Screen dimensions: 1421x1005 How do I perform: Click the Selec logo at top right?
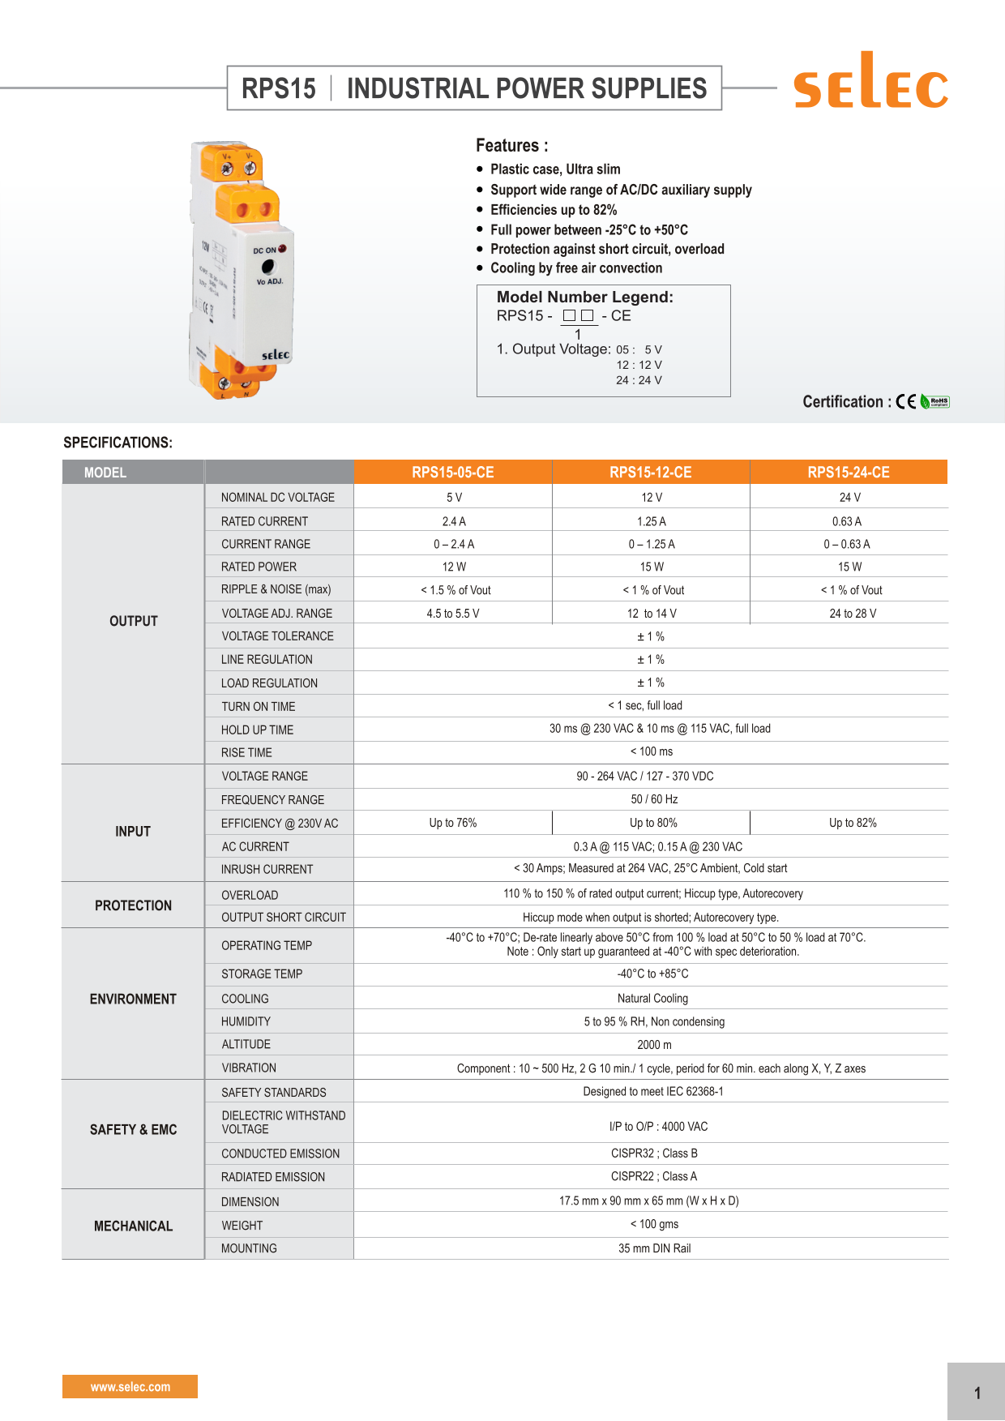pos(870,82)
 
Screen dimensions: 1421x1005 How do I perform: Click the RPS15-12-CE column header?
pos(651,473)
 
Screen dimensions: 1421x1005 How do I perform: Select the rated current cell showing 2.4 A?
pos(454,521)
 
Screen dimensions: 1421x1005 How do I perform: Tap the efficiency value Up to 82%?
pos(853,823)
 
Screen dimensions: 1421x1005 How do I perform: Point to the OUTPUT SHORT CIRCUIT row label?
pos(284,917)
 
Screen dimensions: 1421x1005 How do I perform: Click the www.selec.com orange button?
pos(130,1386)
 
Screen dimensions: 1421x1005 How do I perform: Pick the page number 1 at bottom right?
pos(977,1393)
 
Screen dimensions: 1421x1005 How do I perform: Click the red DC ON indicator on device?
pos(282,249)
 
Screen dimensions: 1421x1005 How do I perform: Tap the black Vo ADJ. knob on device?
pos(268,266)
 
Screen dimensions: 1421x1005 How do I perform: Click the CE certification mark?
pos(906,401)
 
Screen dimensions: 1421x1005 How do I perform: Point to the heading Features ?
pos(511,146)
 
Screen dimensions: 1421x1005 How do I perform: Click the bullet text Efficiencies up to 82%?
pos(554,210)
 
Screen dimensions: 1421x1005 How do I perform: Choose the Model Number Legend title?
pos(584,297)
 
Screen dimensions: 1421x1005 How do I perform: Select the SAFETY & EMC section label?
pos(133,1129)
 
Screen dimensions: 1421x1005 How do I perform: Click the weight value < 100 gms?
pos(654,1224)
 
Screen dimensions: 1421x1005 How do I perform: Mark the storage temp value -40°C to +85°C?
pos(652,974)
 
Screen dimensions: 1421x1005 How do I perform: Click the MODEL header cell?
pos(105,473)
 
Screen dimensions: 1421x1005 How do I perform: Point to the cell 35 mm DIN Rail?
pos(654,1248)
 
